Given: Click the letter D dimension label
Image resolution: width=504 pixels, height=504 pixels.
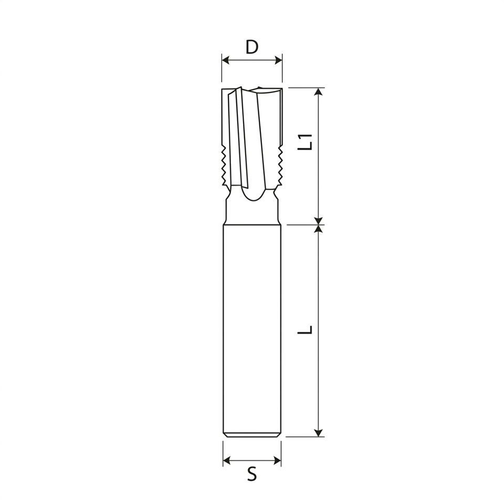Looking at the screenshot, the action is click(x=252, y=47).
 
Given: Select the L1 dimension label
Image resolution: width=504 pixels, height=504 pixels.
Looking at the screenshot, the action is click(x=305, y=142).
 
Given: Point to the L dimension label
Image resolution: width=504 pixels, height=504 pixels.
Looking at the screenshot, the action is click(x=305, y=330).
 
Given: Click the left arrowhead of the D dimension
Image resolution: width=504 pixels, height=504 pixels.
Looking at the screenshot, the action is click(x=226, y=60).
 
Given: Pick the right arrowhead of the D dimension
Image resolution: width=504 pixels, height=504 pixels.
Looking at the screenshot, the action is click(x=278, y=60).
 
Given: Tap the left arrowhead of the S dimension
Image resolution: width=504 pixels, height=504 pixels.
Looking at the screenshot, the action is click(x=227, y=460).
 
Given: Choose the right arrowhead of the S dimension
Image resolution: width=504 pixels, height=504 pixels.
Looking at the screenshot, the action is click(x=277, y=460).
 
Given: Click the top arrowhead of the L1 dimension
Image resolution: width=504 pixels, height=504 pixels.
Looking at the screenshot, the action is click(x=318, y=92).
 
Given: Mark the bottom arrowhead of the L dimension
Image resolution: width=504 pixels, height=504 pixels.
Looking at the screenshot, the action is click(x=318, y=433).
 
